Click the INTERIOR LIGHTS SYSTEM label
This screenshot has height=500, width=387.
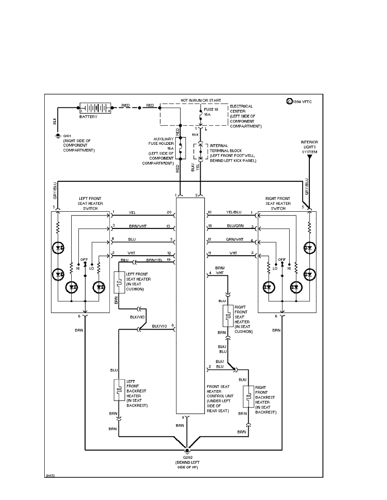coord(309,147)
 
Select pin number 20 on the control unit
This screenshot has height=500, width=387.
coord(169,212)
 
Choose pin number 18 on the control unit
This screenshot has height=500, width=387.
coord(210,226)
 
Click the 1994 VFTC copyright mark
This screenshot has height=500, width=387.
coord(299,101)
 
